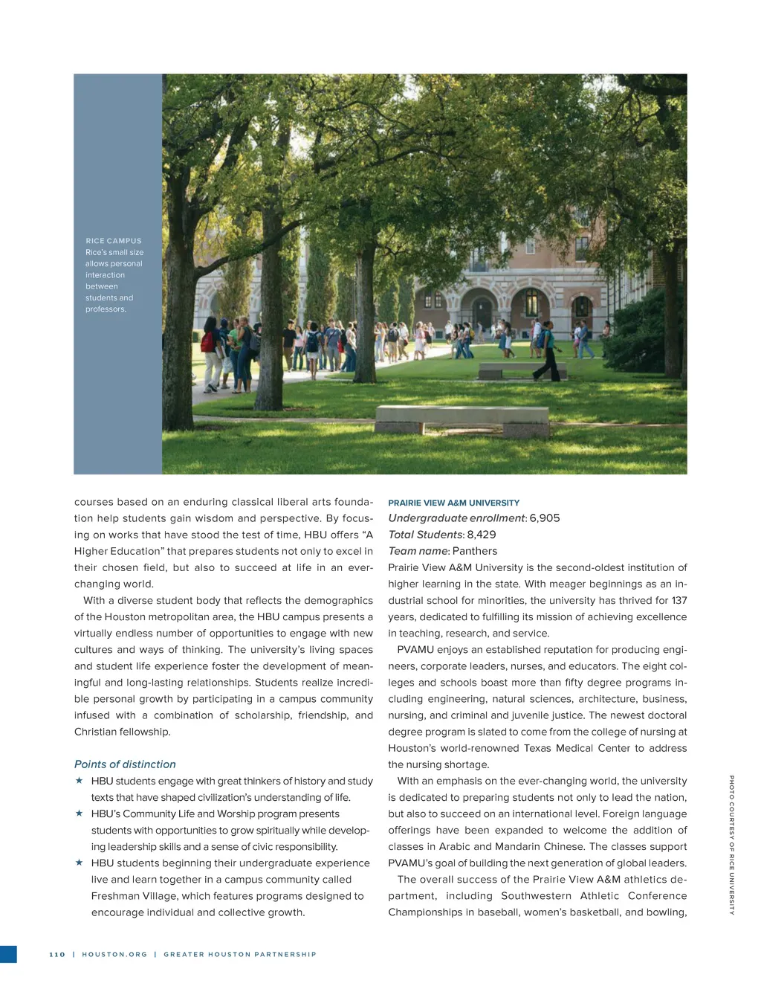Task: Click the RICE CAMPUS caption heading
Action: pyautogui.click(x=113, y=241)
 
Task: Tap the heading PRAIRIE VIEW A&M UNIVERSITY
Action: pyautogui.click(x=453, y=503)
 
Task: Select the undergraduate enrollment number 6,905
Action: pyautogui.click(x=545, y=518)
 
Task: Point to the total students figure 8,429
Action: pyautogui.click(x=481, y=535)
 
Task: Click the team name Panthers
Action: pyautogui.click(x=475, y=551)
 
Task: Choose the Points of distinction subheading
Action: pyautogui.click(x=125, y=764)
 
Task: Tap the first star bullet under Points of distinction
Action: pyautogui.click(x=79, y=781)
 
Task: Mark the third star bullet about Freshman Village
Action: pyautogui.click(x=79, y=863)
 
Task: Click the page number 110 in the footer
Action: pyautogui.click(x=57, y=955)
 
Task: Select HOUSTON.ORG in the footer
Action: pyautogui.click(x=114, y=955)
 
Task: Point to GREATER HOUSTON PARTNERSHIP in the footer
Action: pyautogui.click(x=240, y=955)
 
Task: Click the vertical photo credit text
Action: pyautogui.click(x=731, y=845)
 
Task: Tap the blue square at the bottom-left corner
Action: pyautogui.click(x=8, y=955)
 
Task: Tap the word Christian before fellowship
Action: pyautogui.click(x=99, y=732)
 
